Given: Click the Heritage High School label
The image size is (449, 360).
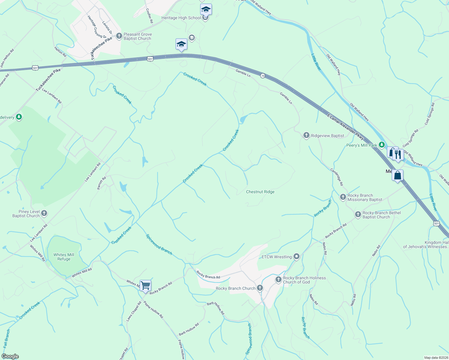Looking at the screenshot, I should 181,18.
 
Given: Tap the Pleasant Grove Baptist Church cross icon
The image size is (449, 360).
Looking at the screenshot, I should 119,36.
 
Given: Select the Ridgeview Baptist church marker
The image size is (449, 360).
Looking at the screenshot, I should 306,136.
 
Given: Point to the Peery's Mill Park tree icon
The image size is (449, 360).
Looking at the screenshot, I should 381,145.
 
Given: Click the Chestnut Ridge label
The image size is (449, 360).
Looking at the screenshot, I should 260,192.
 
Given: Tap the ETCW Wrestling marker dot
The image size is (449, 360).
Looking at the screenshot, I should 297,256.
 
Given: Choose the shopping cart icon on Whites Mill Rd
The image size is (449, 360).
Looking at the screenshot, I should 145,285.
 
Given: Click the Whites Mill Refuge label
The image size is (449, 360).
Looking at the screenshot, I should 64,257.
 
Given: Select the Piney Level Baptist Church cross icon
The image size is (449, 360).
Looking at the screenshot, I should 44,214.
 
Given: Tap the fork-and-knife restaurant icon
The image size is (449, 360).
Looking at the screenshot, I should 398,154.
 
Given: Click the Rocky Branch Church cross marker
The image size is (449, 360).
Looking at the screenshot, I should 260,288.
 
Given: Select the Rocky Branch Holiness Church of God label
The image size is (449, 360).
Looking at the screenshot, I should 304,280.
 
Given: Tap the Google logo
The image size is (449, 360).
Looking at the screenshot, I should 10,356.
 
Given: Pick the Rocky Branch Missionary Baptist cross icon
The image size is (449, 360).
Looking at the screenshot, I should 343,197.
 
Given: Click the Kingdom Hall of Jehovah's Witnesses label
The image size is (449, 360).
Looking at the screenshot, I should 426,245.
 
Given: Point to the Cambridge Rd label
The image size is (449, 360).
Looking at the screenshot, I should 337,177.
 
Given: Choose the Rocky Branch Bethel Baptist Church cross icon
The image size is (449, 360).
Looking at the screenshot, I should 358,214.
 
